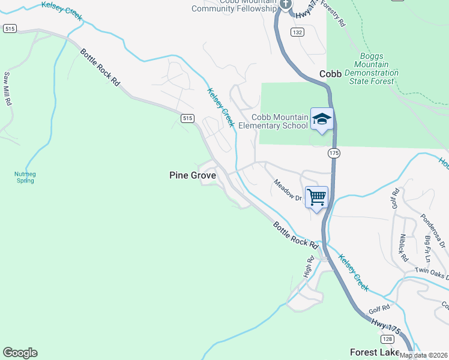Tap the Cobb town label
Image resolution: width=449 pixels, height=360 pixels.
tap(330, 74)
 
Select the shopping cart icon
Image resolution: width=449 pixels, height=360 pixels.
tap(316, 197)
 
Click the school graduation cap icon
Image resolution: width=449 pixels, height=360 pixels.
tap(322, 118)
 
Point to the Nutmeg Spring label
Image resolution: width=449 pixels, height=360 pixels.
tap(25, 177)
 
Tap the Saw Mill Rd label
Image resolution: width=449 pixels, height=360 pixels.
tap(8, 89)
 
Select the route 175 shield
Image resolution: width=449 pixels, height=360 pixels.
tap(334, 154)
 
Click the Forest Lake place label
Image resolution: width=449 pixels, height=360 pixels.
tap(376, 352)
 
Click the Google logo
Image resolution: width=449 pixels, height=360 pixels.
tap(20, 353)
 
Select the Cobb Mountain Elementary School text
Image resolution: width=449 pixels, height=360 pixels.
tap(273, 121)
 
